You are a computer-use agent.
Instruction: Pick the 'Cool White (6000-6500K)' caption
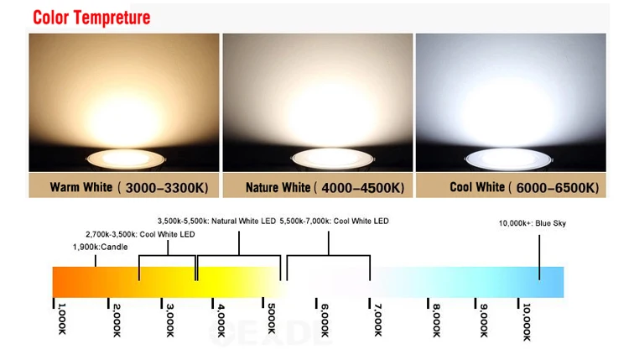click(x=512, y=186)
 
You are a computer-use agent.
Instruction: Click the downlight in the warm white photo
click(x=123, y=157)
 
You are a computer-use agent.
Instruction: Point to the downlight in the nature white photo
click(x=318, y=157)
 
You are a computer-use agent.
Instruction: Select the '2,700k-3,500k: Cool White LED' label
click(x=140, y=234)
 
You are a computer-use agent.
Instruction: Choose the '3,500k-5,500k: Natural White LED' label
click(x=216, y=222)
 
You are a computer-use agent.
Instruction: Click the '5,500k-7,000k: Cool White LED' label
click(x=334, y=222)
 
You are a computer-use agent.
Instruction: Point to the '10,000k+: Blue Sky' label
click(x=532, y=223)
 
